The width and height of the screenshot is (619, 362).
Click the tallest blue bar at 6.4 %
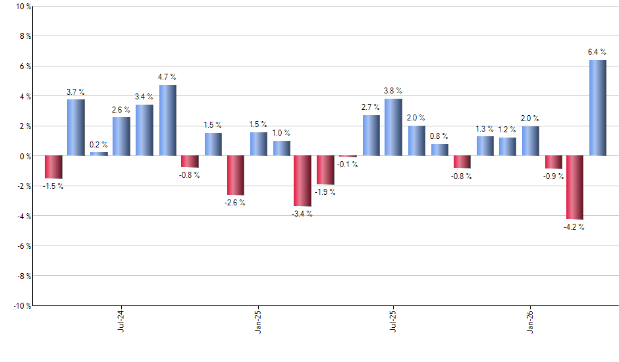pos(597,108)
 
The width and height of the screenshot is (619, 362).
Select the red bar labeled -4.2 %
pos(575,188)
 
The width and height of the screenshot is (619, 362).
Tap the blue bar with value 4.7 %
pos(167,120)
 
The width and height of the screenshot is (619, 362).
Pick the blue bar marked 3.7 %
pos(76,128)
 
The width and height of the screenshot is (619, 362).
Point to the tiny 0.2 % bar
pos(99,153)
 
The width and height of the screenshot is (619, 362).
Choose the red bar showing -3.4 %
pos(302,181)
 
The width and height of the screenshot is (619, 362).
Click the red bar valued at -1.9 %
pos(325,170)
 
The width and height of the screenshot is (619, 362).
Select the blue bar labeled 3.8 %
pos(393,127)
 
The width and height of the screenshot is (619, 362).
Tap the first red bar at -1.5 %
pos(53,167)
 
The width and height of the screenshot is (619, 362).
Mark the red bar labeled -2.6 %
pos(235,175)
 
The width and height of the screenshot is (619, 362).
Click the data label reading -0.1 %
pos(348,165)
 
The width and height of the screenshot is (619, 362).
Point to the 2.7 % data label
pos(370,107)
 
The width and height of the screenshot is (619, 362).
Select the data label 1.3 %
pos(485,128)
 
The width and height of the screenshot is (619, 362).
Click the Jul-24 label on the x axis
pos(121,321)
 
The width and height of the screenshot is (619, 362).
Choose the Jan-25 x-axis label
pos(258,321)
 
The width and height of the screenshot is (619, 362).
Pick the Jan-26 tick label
pos(531,321)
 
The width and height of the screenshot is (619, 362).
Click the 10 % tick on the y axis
pos(22,7)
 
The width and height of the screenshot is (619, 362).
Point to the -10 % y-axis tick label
pos(21,306)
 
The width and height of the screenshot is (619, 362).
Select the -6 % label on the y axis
pos(22,246)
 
